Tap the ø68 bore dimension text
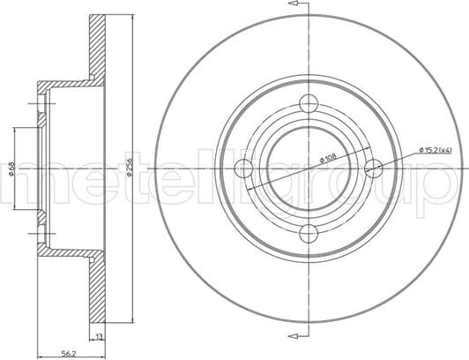coord(10,168)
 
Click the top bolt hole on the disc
coord(309,102)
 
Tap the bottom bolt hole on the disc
coord(309,233)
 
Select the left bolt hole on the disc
coord(243,168)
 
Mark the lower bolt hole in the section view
coord(39,233)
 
